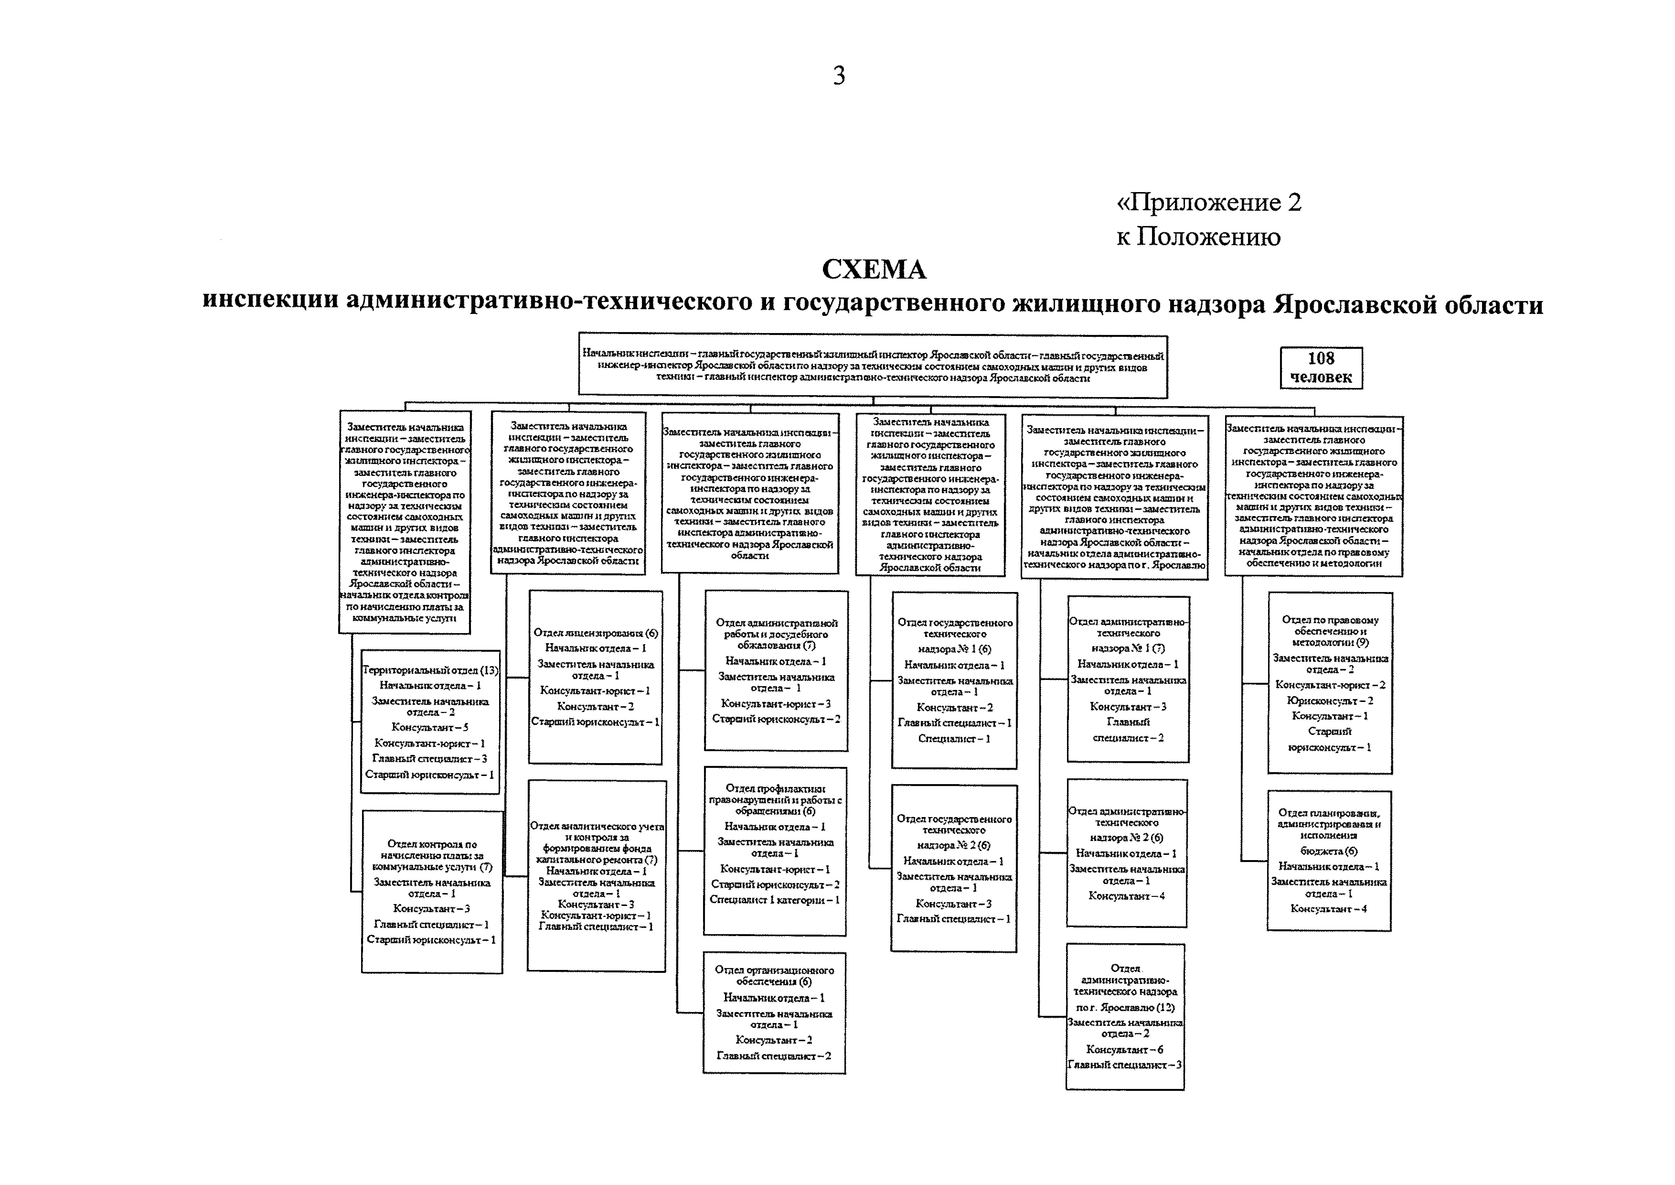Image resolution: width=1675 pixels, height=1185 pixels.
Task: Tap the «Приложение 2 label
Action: coord(1209,202)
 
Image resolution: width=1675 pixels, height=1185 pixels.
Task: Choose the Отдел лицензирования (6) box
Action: coord(595,677)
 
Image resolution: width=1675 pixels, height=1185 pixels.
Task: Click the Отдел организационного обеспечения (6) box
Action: coord(774,1013)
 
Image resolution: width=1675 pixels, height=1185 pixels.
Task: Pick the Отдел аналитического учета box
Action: coord(596,876)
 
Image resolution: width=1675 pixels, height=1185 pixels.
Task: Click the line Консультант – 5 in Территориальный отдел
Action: coord(430,727)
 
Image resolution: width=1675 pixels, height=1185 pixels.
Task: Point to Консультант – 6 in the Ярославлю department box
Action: coord(1124,1049)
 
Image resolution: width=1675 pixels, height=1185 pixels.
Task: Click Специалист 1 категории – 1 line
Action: coord(775,900)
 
